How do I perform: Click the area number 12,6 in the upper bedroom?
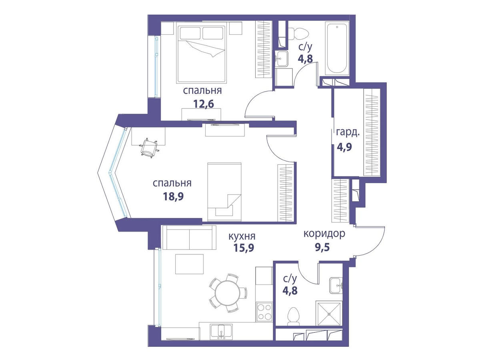pos(204,104)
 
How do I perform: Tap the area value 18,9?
pos(173,196)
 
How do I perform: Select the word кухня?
pos(242,236)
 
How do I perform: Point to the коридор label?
pos(324,234)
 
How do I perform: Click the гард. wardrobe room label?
pos(348,133)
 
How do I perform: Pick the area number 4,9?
pos(344,147)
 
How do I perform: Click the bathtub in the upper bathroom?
pos(337,48)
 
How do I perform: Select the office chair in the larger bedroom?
pos(149,147)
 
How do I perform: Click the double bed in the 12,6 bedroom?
pos(201,54)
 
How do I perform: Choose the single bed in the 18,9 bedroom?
pos(224,192)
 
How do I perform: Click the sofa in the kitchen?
pos(189,238)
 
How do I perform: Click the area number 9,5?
pos(322,248)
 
